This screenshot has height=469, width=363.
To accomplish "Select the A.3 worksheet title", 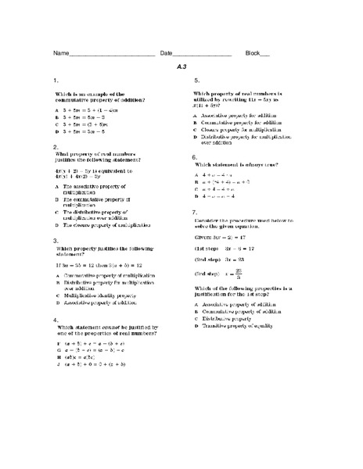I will [x=183, y=67].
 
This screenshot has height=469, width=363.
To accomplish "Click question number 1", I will [x=55, y=81].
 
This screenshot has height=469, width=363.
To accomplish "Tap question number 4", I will [x=55, y=320].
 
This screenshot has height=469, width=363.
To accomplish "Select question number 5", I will [x=196, y=81].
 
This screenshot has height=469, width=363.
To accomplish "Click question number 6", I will [x=196, y=156].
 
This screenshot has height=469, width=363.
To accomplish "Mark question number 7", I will [x=196, y=212].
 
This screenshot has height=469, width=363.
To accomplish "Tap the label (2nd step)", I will [x=207, y=258].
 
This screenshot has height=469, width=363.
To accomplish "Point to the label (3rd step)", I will [x=207, y=274].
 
